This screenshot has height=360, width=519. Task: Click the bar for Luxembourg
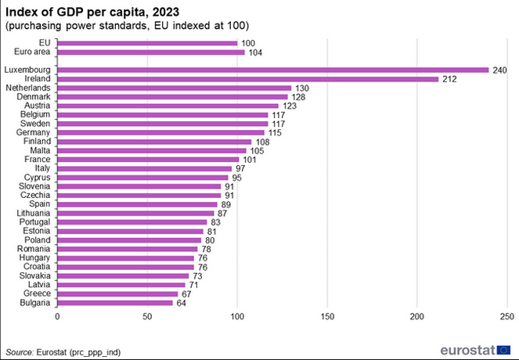(272, 70)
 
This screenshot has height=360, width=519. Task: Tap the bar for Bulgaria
(114, 303)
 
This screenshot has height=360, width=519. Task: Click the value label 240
(499, 70)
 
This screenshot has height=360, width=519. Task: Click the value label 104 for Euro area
(254, 52)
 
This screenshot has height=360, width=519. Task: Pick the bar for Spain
(137, 204)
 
